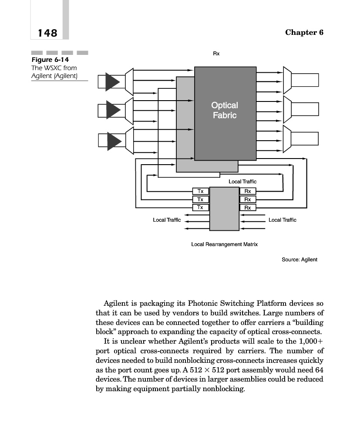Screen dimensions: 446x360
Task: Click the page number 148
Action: point(47,33)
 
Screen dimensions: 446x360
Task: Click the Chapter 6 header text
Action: point(304,33)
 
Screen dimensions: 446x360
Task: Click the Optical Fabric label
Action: point(224,110)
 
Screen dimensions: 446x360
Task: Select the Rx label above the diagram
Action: point(216,54)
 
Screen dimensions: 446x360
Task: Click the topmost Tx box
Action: point(200,191)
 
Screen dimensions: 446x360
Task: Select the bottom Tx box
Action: point(200,207)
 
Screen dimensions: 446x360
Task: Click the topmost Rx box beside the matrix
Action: point(248,191)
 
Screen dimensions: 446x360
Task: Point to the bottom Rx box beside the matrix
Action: point(248,208)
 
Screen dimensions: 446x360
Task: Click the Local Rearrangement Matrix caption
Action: point(224,244)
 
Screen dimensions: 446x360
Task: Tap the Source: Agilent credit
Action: point(299,260)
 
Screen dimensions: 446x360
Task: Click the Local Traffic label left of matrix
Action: point(167,220)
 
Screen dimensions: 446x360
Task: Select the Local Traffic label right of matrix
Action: point(283,220)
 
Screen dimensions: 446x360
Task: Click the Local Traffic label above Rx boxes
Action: point(242,181)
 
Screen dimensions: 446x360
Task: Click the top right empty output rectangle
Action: point(305,80)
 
